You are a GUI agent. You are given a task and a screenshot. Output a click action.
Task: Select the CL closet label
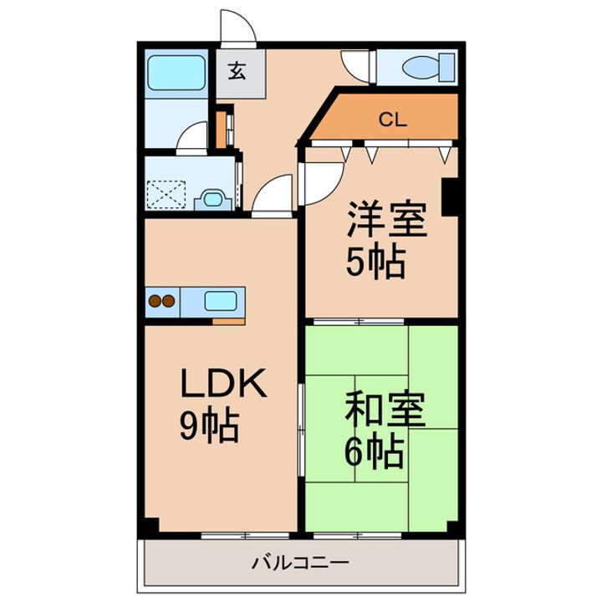coord(392,120)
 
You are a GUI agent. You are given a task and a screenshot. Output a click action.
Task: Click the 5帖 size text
coord(375,264)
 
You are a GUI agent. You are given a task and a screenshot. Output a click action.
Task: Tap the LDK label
coord(223,385)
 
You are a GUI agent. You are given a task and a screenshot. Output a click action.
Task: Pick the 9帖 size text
coord(209,427)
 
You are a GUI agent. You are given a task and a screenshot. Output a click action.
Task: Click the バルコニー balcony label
coord(301,563)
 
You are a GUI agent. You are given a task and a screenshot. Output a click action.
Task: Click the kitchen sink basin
coord(222,301)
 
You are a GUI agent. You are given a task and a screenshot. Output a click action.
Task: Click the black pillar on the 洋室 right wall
coord(452,196)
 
